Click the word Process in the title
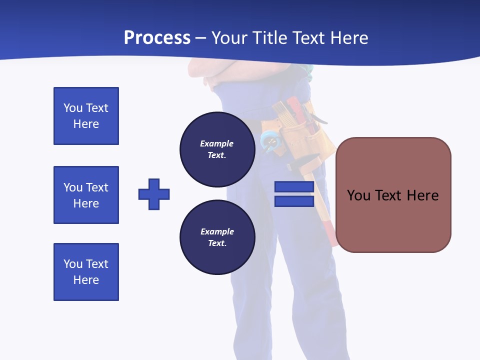click(157, 38)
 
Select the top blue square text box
click(86, 116)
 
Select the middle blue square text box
click(86, 195)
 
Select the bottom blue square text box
click(86, 272)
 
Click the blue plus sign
click(154, 194)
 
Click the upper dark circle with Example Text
click(217, 149)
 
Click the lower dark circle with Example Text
click(217, 237)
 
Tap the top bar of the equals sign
click(294, 187)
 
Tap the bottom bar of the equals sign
click(294, 201)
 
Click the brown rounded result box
click(393, 220)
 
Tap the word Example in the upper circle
click(216, 143)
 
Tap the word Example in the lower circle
click(217, 231)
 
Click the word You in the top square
click(72, 108)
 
